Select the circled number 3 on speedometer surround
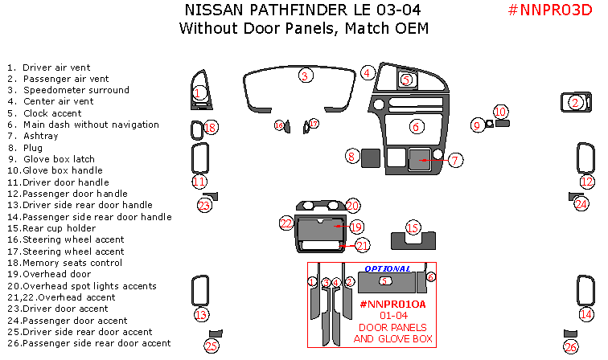click(305, 76)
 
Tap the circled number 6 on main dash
click(416, 127)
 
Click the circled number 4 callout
click(367, 73)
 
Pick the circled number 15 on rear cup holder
click(413, 228)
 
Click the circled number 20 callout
click(352, 207)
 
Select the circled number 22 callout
click(286, 223)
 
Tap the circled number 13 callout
click(200, 314)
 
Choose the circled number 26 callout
click(571, 346)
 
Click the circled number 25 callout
click(212, 346)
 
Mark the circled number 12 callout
click(587, 182)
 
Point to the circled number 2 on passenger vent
click(575, 102)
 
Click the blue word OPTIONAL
click(388, 268)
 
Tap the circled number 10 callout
click(500, 112)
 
